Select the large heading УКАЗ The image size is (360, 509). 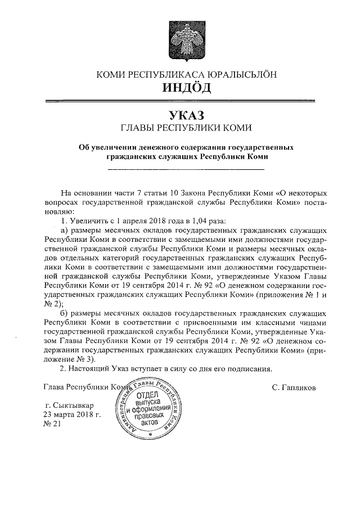[180, 116]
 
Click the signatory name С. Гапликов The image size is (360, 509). [293, 388]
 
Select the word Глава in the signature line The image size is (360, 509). [53, 388]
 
